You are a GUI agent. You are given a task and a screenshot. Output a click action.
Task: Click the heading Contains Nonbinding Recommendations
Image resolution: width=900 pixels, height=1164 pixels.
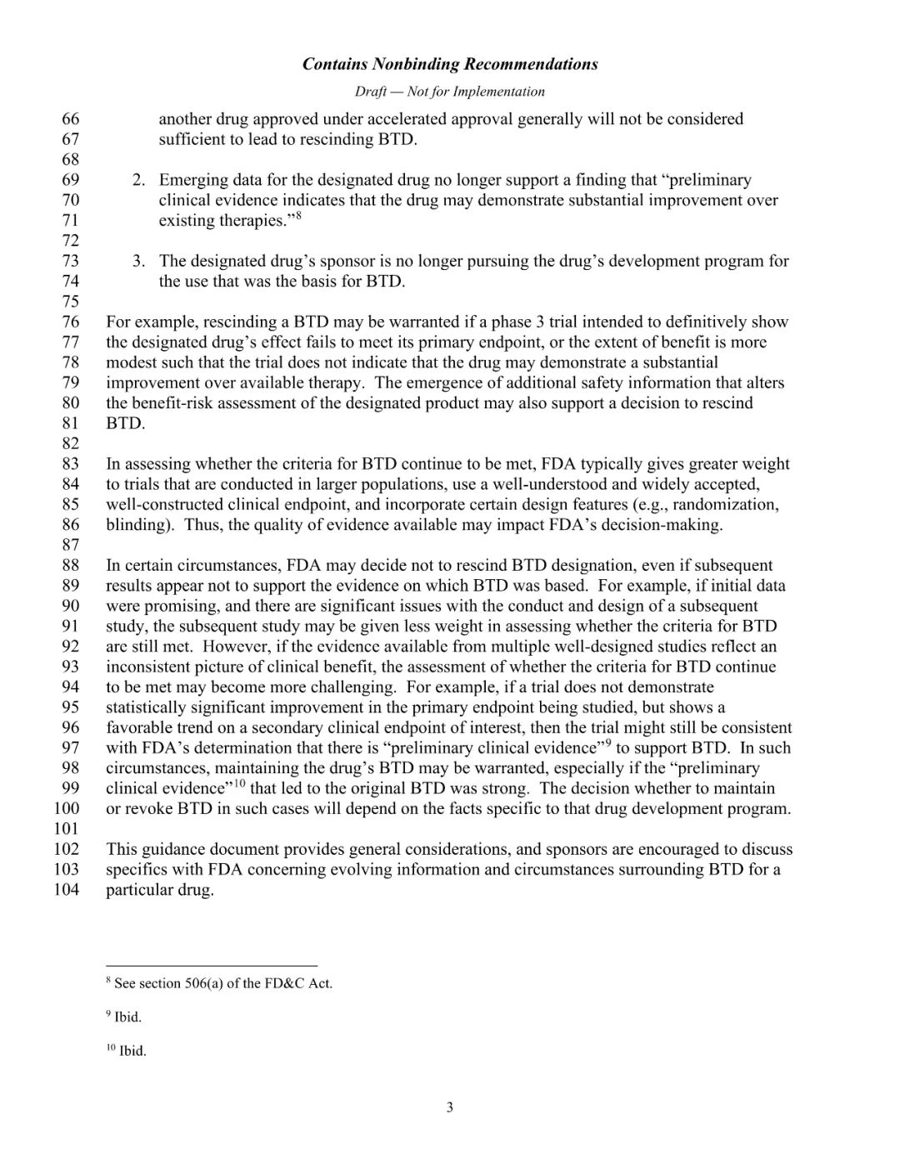click(x=450, y=64)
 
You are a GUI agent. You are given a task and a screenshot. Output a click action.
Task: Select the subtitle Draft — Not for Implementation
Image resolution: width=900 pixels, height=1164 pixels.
click(x=450, y=92)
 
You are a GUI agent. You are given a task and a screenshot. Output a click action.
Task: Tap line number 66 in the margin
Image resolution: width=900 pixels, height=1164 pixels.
click(x=71, y=119)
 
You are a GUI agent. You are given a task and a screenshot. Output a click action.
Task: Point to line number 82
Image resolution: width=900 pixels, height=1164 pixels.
click(x=71, y=443)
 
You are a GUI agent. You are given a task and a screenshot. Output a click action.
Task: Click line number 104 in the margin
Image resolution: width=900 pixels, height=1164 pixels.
click(x=67, y=890)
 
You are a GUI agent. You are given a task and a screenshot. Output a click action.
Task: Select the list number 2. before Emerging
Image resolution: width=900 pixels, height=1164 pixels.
click(x=139, y=180)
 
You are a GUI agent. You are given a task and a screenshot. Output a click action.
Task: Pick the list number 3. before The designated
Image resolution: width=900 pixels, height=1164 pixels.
click(x=139, y=262)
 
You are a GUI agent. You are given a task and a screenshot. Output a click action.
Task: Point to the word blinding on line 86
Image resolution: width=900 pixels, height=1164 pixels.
click(x=136, y=525)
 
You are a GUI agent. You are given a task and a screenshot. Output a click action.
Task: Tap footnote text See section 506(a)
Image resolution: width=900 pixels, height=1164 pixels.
click(x=223, y=984)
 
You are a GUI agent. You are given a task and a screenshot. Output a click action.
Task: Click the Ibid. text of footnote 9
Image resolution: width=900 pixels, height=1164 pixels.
click(x=127, y=1017)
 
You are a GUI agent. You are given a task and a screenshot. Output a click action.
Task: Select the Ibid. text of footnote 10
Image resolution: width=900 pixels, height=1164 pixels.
click(x=132, y=1052)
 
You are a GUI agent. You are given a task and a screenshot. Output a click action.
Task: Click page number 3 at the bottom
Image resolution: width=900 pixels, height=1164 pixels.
click(x=450, y=1107)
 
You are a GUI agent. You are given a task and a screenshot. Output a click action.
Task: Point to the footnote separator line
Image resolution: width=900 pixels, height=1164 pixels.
click(x=212, y=964)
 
